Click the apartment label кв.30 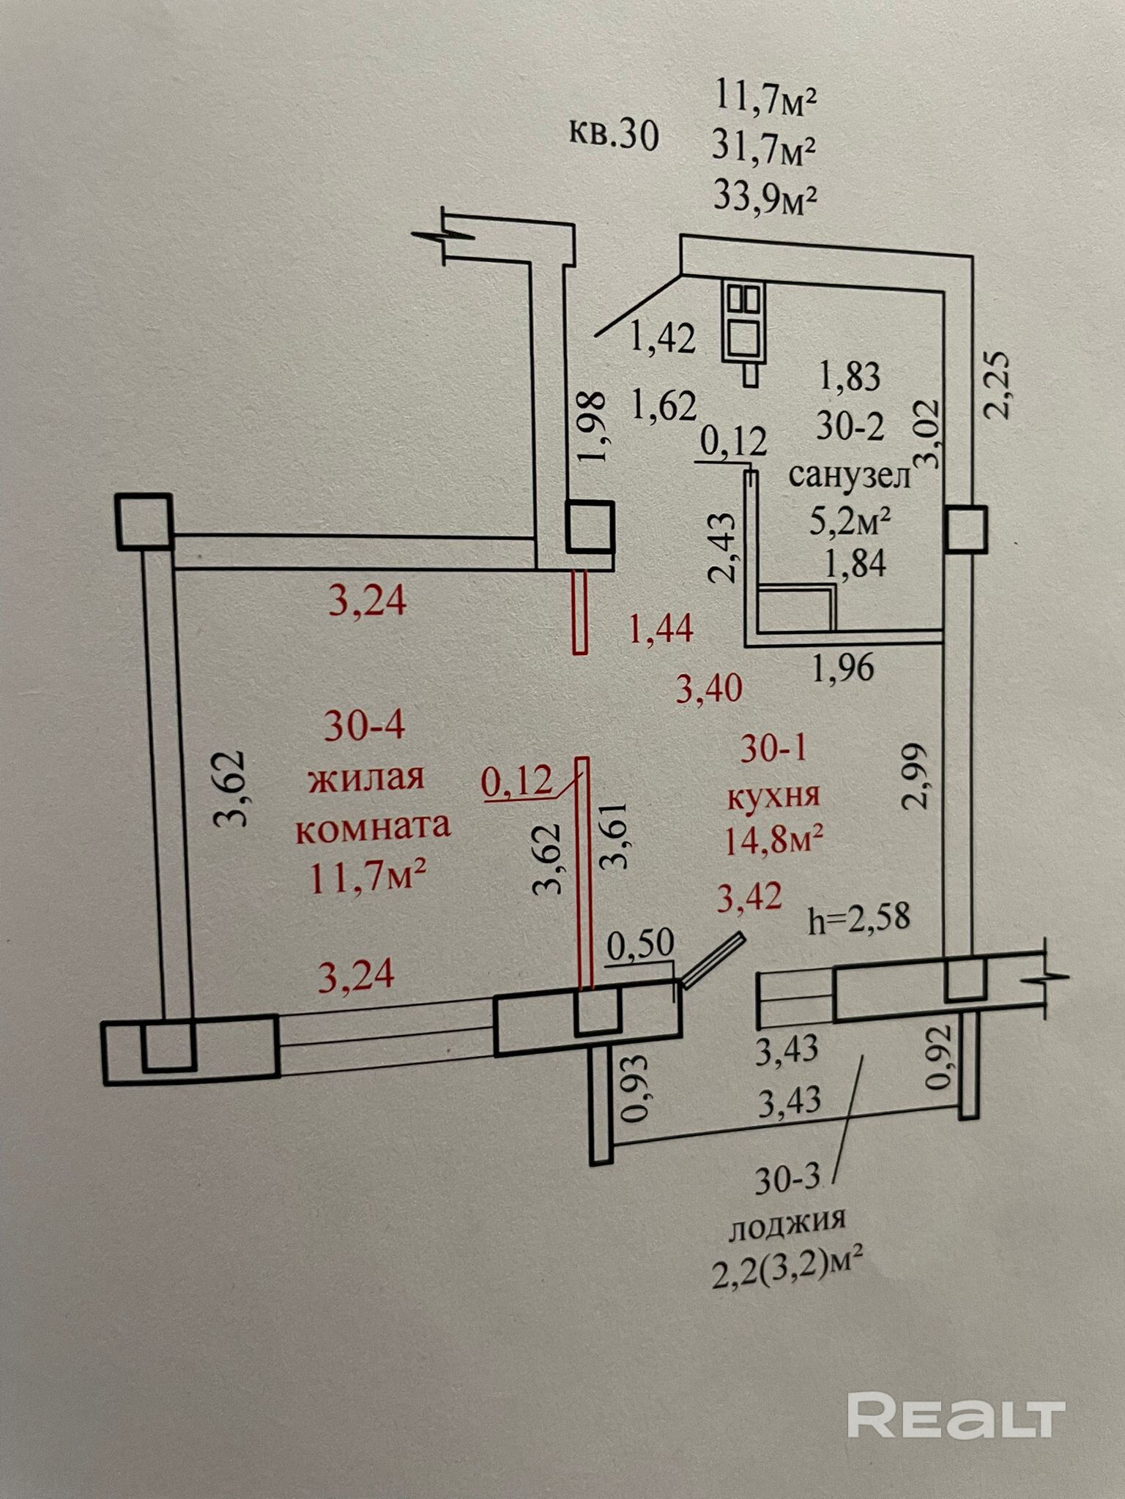point(614,136)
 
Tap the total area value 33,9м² point(765,198)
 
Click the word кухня point(773,796)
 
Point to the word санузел point(849,476)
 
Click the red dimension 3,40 point(709,688)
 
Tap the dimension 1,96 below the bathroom point(843,668)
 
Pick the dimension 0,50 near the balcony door point(642,945)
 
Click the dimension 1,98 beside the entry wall point(592,426)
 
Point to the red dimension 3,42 point(749,897)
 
